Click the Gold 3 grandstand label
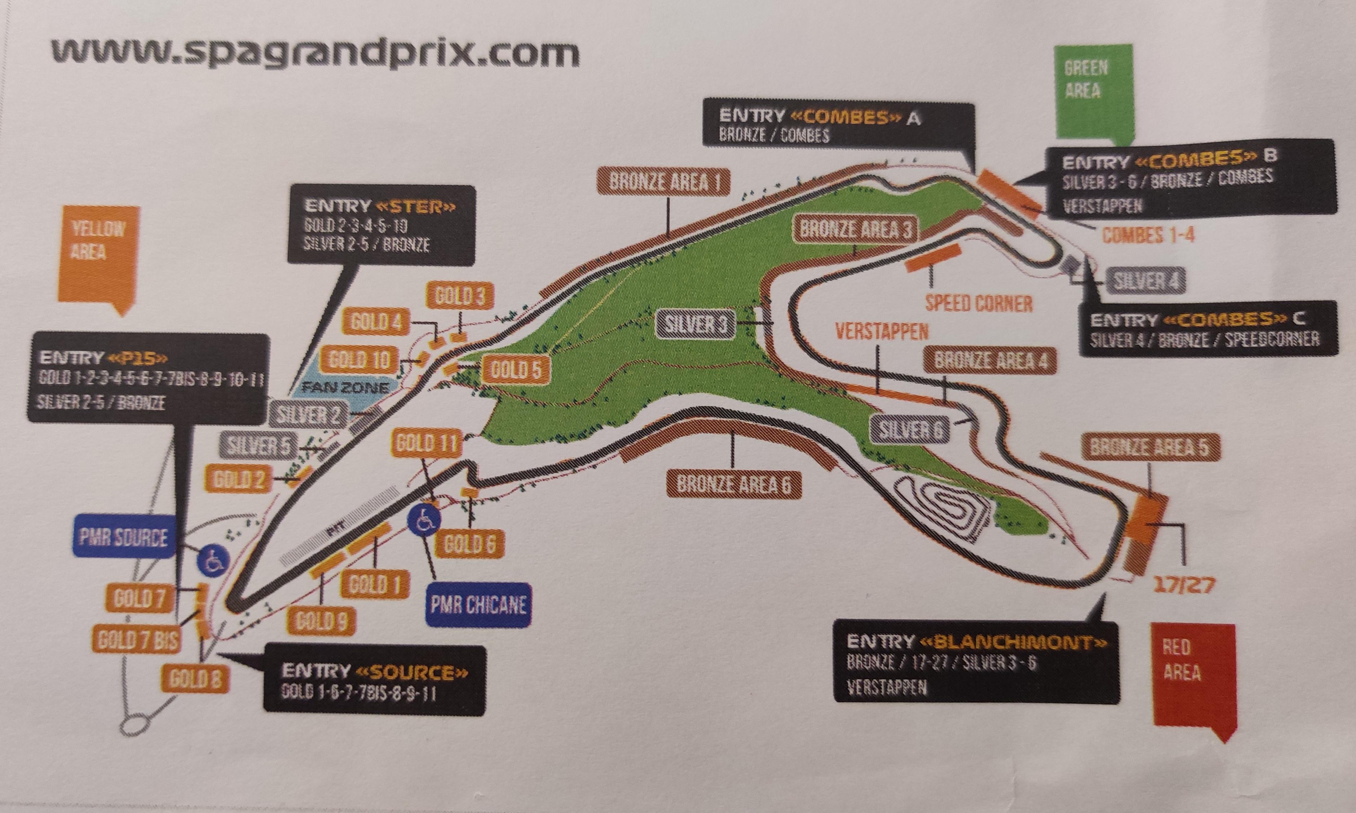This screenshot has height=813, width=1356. (x=460, y=296)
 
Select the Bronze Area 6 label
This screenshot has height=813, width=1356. (x=733, y=484)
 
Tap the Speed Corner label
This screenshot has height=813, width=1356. (x=978, y=303)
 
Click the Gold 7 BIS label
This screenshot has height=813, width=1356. (x=138, y=639)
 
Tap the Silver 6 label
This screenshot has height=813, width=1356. (x=910, y=429)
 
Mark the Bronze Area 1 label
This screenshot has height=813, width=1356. (x=664, y=181)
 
